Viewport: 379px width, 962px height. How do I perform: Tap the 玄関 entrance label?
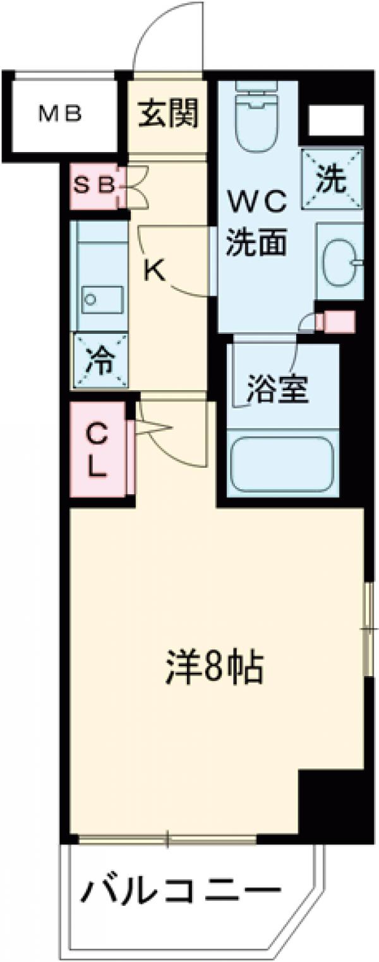[169, 114]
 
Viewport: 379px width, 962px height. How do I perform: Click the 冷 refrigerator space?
[100, 362]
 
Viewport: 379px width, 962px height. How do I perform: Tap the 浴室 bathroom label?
[277, 389]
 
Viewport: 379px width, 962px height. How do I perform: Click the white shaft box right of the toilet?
[335, 120]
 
